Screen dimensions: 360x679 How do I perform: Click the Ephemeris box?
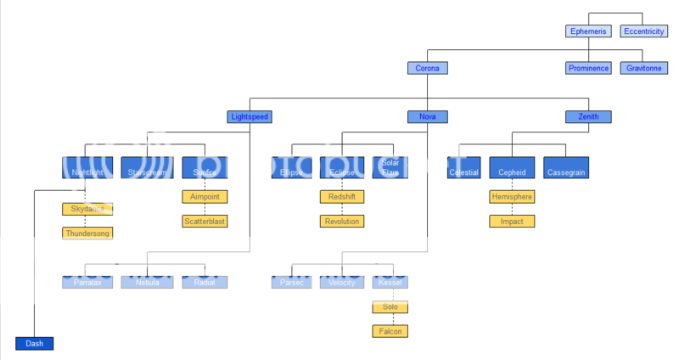pyautogui.click(x=589, y=31)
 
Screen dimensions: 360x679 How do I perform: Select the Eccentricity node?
pyautogui.click(x=643, y=31)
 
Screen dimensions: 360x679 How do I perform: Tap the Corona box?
pyautogui.click(x=426, y=68)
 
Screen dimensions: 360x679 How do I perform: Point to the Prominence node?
pyautogui.click(x=589, y=68)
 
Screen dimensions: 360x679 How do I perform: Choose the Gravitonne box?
pyautogui.click(x=643, y=68)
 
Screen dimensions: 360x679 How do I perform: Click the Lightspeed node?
pyautogui.click(x=250, y=116)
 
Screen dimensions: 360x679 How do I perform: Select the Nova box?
pyautogui.click(x=426, y=116)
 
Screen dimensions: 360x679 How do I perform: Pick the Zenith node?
pyautogui.click(x=589, y=116)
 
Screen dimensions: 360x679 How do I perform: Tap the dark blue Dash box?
pyautogui.click(x=34, y=343)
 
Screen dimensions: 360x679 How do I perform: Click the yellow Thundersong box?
pyautogui.click(x=87, y=233)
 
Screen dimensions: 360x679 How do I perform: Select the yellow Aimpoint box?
pyautogui.click(x=205, y=196)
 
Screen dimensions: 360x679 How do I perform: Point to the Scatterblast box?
pyautogui.click(x=205, y=221)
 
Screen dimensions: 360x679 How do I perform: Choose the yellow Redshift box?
pyautogui.click(x=342, y=196)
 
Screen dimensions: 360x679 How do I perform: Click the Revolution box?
pyautogui.click(x=342, y=221)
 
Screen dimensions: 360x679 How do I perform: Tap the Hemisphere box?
pyautogui.click(x=512, y=196)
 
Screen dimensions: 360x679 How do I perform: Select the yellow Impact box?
pyautogui.click(x=512, y=221)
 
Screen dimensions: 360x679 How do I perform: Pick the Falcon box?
pyautogui.click(x=390, y=330)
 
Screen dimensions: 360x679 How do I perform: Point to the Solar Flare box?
pyautogui.click(x=390, y=167)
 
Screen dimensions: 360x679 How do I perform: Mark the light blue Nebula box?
pyautogui.click(x=146, y=282)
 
